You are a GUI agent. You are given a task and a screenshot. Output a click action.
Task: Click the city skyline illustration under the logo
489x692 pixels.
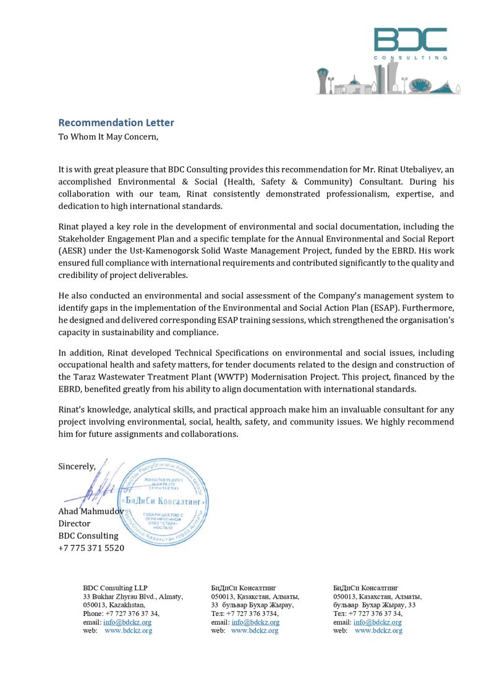tap(388, 82)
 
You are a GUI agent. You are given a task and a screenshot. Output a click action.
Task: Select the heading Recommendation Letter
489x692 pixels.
tap(116, 122)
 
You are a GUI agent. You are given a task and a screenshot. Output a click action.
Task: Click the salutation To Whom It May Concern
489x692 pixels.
tap(108, 137)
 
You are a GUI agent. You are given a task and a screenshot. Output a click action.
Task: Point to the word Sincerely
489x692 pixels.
tap(77, 466)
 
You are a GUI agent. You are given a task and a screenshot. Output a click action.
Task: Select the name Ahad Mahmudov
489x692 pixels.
tap(91, 511)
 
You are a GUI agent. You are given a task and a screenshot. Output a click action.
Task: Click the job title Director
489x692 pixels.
tap(74, 523)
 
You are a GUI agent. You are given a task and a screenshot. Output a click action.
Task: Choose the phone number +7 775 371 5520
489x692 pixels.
tap(91, 548)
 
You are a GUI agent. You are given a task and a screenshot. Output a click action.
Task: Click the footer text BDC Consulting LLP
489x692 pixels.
tap(116, 588)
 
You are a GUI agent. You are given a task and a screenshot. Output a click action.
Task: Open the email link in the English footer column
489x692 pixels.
tap(127, 622)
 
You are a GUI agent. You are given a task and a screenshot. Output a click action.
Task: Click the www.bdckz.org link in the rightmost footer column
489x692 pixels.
tap(378, 631)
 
